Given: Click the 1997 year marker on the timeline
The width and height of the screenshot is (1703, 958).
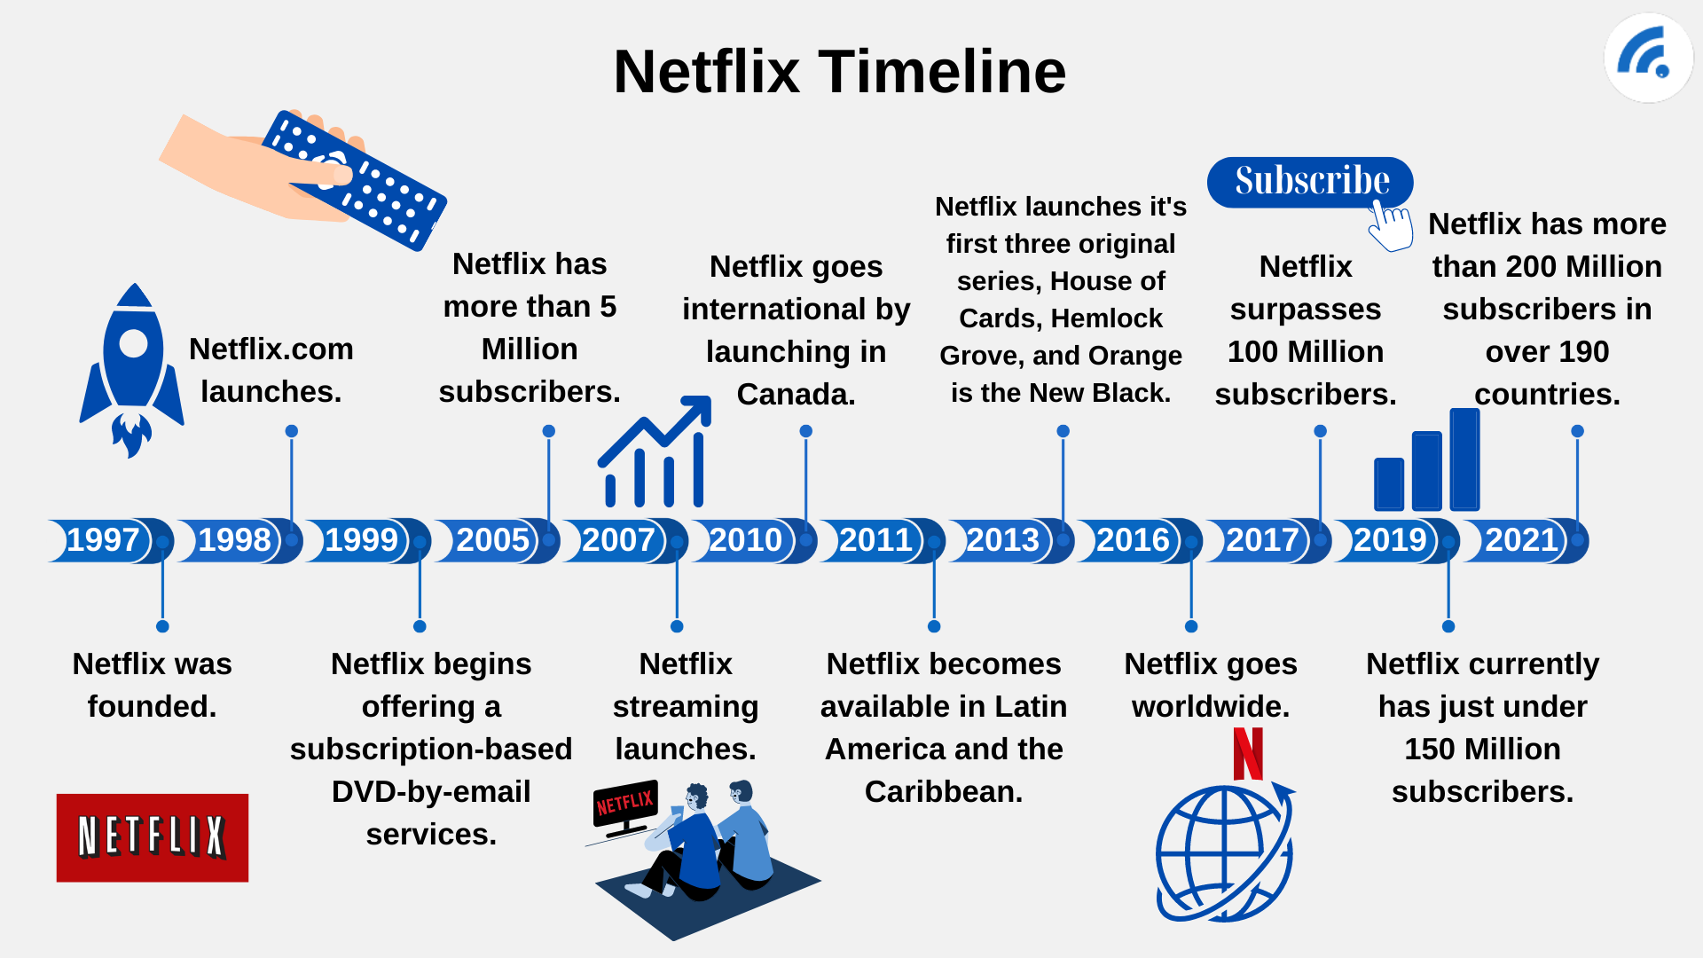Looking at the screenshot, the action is (x=103, y=540).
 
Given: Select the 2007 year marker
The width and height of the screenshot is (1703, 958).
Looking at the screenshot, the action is (x=618, y=540).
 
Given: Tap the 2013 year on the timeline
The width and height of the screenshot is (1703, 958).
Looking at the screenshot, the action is (x=1002, y=540).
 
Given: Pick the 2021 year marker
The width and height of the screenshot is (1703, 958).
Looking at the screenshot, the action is (x=1521, y=540).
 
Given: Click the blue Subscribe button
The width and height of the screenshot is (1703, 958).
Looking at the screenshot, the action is (x=1310, y=182).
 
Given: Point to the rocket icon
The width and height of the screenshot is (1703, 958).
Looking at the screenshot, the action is (x=132, y=370).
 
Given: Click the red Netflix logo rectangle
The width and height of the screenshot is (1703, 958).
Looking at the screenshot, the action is (x=153, y=837).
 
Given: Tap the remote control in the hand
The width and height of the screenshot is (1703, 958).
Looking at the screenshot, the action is (x=355, y=180).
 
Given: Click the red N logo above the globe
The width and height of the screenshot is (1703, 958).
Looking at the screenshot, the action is (x=1248, y=754).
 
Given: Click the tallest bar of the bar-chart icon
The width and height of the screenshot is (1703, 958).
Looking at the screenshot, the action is (x=1464, y=459).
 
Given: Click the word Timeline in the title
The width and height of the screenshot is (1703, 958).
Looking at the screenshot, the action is (x=942, y=71).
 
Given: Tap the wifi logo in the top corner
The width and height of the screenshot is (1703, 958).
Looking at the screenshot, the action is (x=1648, y=58).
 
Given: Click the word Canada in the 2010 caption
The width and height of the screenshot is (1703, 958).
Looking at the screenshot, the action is (x=796, y=394).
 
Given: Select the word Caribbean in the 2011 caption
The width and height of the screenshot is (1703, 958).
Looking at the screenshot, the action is (x=944, y=791).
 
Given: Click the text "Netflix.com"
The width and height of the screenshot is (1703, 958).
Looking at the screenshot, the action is (x=271, y=349).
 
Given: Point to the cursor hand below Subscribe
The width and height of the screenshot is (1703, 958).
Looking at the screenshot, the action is (x=1391, y=225).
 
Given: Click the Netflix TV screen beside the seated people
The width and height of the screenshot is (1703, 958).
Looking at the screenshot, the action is (x=625, y=804).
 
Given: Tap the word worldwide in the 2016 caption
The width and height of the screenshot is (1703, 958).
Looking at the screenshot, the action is (x=1211, y=706).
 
